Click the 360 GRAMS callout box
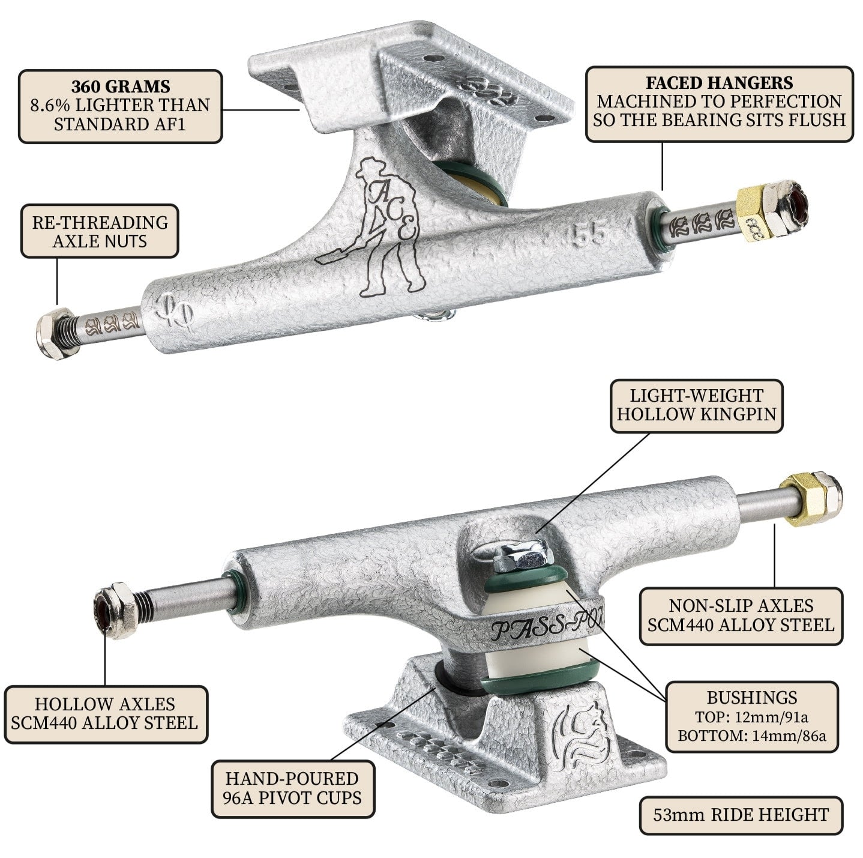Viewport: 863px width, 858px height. (x=120, y=106)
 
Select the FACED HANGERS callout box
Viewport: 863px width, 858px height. (x=719, y=103)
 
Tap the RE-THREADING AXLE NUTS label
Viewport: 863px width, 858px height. (x=100, y=231)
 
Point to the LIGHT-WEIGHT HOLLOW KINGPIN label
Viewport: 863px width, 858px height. (x=696, y=405)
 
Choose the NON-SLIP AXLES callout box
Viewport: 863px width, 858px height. (x=741, y=615)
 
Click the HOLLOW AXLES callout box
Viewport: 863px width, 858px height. (x=105, y=713)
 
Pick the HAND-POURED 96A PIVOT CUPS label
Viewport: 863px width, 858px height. (x=292, y=788)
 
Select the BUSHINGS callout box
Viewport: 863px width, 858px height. (x=751, y=716)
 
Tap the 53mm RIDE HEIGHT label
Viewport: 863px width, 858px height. (x=741, y=815)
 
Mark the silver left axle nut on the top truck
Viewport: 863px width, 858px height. (x=55, y=336)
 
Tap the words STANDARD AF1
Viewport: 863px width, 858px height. (x=120, y=124)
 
